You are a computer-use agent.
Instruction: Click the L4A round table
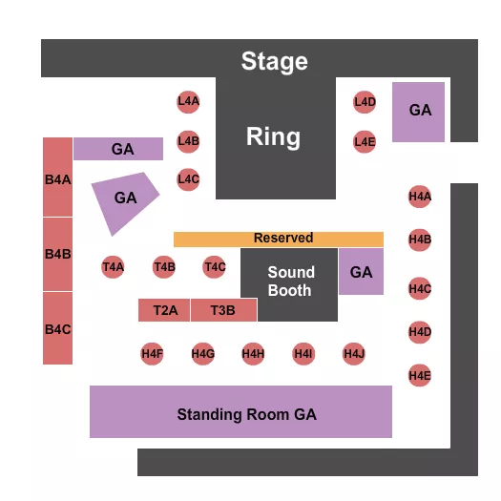click(x=188, y=101)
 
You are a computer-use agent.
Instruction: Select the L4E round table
click(x=365, y=142)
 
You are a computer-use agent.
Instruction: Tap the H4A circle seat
click(x=420, y=198)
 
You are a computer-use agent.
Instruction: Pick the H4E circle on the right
click(x=420, y=376)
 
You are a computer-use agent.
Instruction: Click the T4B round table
click(x=164, y=267)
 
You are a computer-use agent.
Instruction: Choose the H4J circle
click(x=354, y=354)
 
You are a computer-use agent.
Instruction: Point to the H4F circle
click(x=152, y=354)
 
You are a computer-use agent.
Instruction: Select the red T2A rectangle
click(x=165, y=310)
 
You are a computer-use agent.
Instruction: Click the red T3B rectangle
click(x=223, y=310)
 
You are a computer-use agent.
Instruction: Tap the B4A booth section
click(x=57, y=177)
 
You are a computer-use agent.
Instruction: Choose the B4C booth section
click(x=57, y=328)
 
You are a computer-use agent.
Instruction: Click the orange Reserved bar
click(x=279, y=239)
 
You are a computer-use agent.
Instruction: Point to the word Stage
click(x=275, y=62)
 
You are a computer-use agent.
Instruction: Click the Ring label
click(x=273, y=136)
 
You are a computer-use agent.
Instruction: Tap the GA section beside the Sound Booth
click(x=361, y=272)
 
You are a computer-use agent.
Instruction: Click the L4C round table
click(x=188, y=178)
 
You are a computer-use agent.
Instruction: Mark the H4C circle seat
click(x=420, y=287)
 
